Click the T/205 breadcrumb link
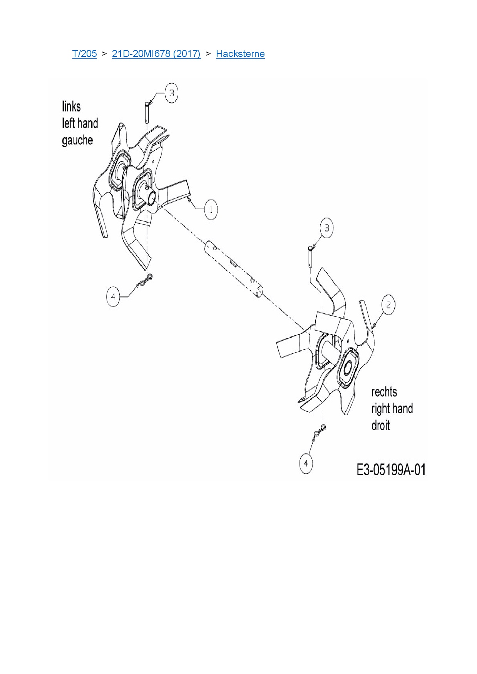click(84, 54)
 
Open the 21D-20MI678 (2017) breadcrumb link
click(156, 54)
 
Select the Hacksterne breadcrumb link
click(240, 54)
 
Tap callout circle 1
click(211, 210)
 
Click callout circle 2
click(388, 305)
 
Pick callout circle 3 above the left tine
click(171, 93)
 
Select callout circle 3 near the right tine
click(326, 228)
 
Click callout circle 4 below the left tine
click(113, 297)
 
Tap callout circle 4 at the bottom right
click(306, 463)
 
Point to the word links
click(72, 107)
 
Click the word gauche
click(77, 140)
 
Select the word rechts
click(384, 392)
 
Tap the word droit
click(380, 426)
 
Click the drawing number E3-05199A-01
click(391, 470)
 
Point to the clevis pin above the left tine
click(147, 112)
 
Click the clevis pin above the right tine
click(310, 256)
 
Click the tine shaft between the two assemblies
click(233, 269)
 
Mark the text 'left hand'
click(80, 123)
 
